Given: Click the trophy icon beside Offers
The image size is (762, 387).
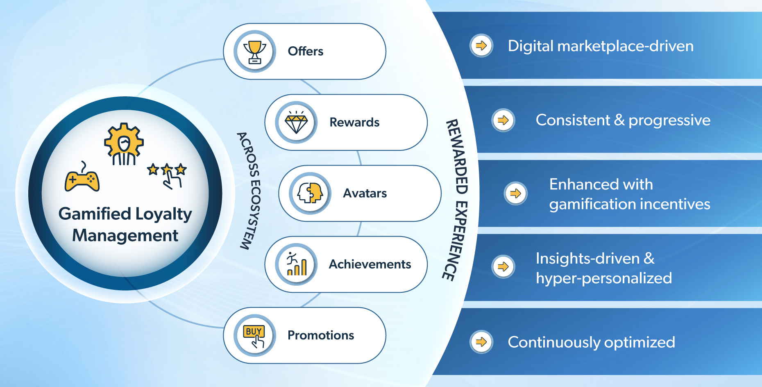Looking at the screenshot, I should pyautogui.click(x=255, y=52).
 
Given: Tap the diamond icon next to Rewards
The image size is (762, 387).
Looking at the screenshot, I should pyautogui.click(x=296, y=123).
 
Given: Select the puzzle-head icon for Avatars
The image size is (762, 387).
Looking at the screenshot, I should pyautogui.click(x=310, y=193).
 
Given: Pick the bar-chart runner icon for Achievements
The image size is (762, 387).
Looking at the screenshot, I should pyautogui.click(x=296, y=264).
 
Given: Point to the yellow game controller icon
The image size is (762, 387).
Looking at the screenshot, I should pyautogui.click(x=82, y=179).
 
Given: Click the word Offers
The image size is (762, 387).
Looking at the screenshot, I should pyautogui.click(x=306, y=51).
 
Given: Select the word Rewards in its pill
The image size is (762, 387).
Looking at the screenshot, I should pyautogui.click(x=354, y=122).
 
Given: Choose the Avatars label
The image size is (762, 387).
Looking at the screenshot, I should pyautogui.click(x=365, y=193).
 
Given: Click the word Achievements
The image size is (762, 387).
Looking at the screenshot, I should pyautogui.click(x=370, y=264).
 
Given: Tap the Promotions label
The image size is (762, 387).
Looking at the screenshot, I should pyautogui.click(x=321, y=335).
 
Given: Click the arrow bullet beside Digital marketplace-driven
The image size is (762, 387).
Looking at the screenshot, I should pyautogui.click(x=481, y=46).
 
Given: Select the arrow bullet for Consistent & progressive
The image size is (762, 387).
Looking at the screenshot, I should pyautogui.click(x=503, y=120).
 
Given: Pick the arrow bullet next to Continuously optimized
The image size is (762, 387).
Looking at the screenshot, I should pyautogui.click(x=481, y=341).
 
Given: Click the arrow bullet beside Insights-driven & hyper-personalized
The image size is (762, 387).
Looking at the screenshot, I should pyautogui.click(x=503, y=267).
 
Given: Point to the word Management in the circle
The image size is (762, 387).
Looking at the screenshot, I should pyautogui.click(x=125, y=236).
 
